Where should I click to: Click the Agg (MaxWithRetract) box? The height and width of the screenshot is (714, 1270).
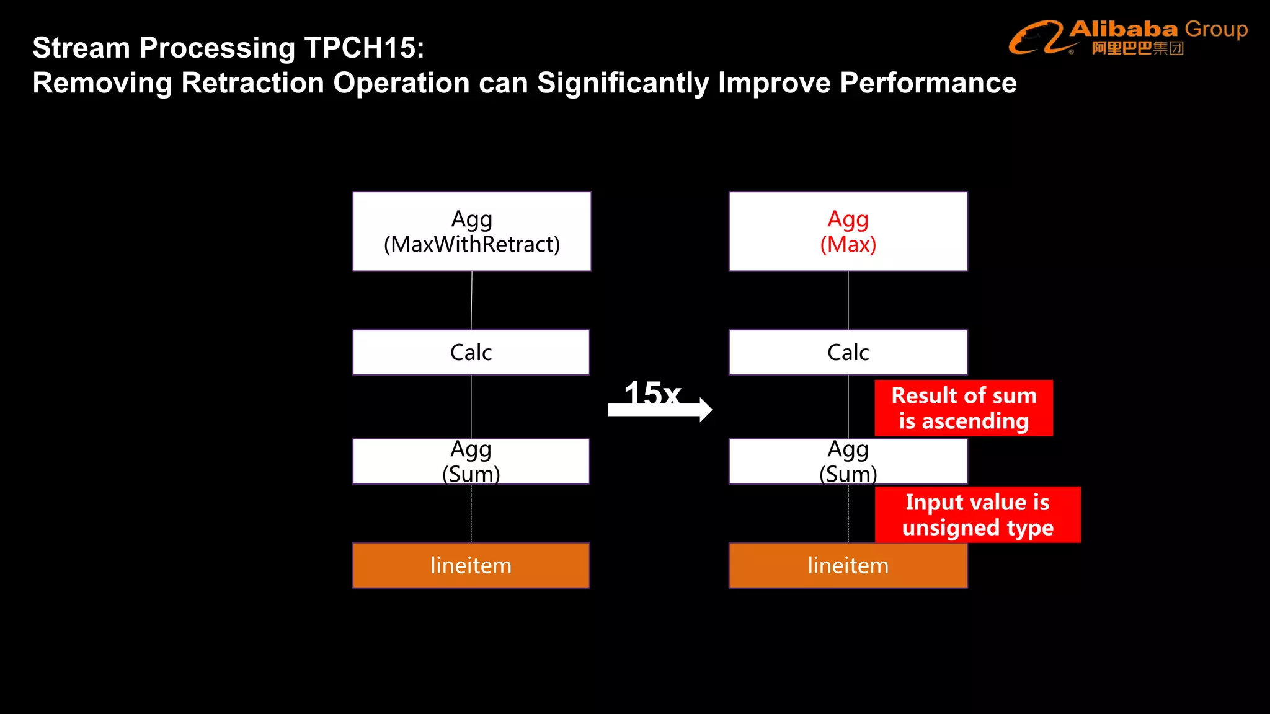coord(471,231)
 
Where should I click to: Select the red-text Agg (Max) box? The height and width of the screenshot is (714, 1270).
coord(848,231)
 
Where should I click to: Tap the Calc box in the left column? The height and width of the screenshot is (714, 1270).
coord(471,352)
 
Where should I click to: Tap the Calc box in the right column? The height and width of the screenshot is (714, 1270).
coord(848,352)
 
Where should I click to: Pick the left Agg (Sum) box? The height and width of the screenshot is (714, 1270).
coord(471,461)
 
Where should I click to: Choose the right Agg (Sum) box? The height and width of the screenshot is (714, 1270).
coord(848,461)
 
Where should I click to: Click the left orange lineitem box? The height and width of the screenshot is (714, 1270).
coord(471,565)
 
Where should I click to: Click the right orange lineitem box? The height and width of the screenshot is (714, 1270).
coord(848,565)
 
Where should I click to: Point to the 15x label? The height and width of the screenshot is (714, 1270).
coord(652,393)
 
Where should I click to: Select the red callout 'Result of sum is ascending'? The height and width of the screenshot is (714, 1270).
coord(964,408)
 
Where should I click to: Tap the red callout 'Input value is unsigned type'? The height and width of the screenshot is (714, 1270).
coord(977,514)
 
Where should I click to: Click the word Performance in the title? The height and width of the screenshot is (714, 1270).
coord(928,82)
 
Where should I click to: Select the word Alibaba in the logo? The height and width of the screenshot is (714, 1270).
coord(1123,29)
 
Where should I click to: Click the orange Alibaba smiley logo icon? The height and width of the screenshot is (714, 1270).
coord(1036,37)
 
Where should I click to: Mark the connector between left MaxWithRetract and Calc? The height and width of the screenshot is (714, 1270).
coord(471,301)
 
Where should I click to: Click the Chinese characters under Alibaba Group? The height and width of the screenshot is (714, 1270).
coord(1137,48)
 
